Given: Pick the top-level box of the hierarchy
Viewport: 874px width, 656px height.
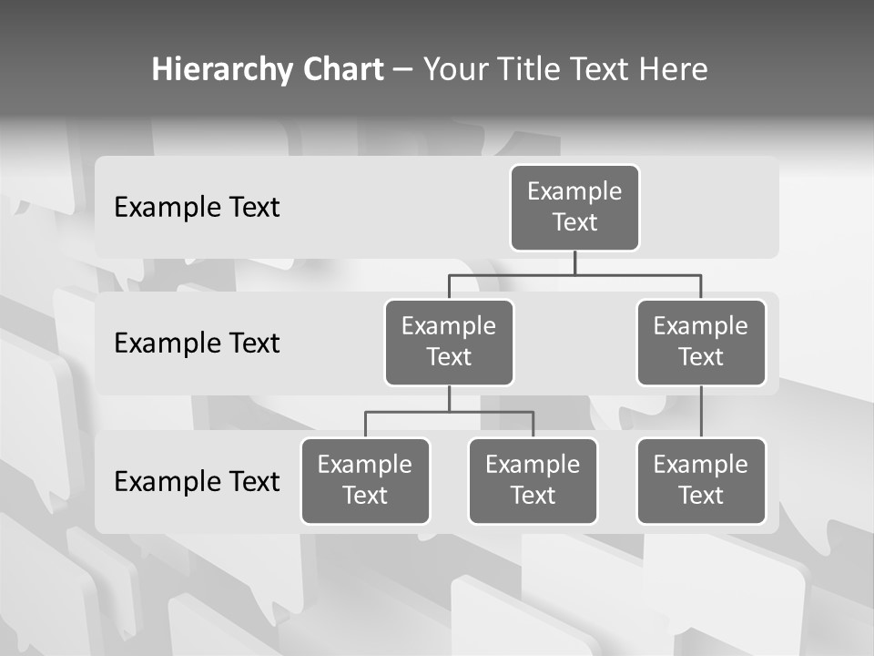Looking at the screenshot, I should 574,208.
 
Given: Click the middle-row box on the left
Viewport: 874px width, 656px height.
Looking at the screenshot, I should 449,343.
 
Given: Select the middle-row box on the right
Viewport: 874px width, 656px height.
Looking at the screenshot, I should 701,343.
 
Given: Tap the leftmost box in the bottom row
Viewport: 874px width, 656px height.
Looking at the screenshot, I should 365,481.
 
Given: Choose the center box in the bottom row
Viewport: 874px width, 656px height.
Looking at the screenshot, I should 533,481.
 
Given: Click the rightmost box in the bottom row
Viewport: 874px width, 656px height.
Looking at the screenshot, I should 701,481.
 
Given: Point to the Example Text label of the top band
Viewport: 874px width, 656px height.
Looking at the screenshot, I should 197,208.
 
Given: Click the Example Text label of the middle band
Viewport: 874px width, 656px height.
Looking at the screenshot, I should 197,343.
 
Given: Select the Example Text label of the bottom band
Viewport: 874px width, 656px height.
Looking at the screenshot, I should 197,481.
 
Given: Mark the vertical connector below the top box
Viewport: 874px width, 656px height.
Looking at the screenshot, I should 574,262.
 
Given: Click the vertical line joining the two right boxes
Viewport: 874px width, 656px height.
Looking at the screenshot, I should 701,412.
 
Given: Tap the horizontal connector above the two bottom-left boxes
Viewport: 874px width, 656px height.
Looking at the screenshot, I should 449,412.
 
